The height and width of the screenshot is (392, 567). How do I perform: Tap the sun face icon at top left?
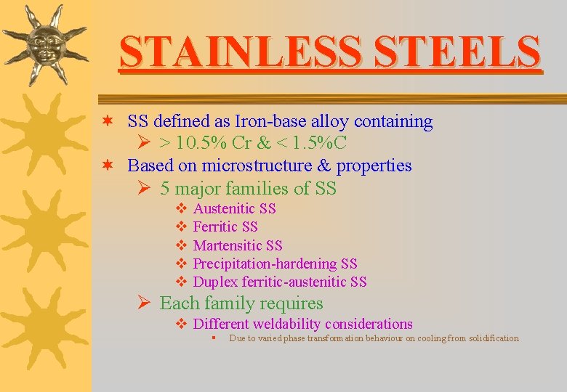point(44,44)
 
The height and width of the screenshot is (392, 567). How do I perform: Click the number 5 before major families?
point(165,189)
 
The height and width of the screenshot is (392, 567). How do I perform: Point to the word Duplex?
point(214,282)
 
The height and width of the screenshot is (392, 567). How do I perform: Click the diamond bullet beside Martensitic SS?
point(181,246)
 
